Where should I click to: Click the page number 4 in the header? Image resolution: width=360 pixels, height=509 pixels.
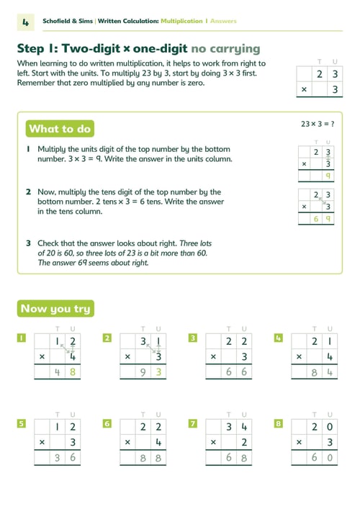coord(26,22)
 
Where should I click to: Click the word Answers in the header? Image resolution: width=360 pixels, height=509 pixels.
coord(223,21)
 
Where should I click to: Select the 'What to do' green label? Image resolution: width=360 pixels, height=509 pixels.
coord(60,129)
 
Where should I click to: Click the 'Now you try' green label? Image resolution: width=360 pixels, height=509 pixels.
coord(55,308)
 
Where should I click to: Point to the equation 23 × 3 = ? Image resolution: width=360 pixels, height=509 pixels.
coord(318,124)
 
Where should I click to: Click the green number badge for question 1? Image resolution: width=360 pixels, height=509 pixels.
coord(22,338)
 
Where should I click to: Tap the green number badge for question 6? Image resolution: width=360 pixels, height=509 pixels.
coord(107,423)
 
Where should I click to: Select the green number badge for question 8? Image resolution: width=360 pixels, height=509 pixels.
coord(279,423)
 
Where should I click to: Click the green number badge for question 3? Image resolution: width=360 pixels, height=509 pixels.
coord(193,338)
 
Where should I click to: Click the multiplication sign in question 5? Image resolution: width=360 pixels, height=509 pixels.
coord(42,442)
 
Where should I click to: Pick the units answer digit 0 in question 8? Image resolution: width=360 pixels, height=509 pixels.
coord(330,458)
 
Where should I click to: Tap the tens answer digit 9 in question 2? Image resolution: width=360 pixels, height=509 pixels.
coord(143,372)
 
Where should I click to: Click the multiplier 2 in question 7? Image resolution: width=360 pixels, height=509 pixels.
coord(244,442)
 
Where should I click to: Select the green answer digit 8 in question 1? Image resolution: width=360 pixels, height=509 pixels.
coord(73,372)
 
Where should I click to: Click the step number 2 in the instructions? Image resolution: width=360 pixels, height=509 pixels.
coord(29,192)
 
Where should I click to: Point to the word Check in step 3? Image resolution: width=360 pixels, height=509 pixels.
coord(49,243)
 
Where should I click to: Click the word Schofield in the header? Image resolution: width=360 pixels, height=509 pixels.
coord(56,21)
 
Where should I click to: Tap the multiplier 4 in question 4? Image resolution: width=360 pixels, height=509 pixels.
coord(330,357)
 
